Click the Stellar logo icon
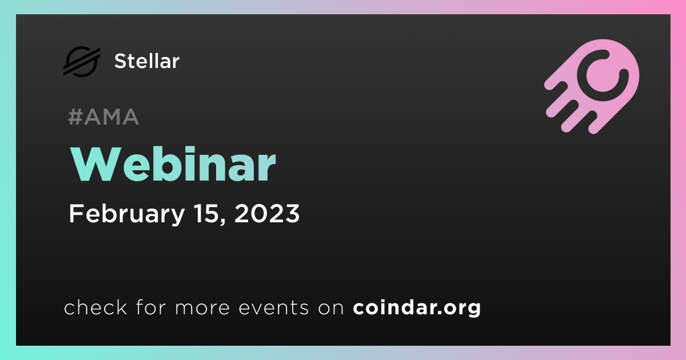tap(82, 62)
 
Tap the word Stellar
tap(147, 61)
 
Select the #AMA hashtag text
tap(103, 117)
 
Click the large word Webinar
tap(173, 164)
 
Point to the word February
tap(127, 214)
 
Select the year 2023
tap(267, 213)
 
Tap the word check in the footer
tap(95, 307)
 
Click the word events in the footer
tap(273, 307)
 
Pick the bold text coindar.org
tap(417, 307)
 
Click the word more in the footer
tap(202, 308)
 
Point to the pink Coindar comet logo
tap(592, 86)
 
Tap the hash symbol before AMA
tap(75, 117)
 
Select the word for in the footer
tap(151, 307)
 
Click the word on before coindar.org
tap(331, 308)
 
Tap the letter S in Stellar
tap(121, 61)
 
